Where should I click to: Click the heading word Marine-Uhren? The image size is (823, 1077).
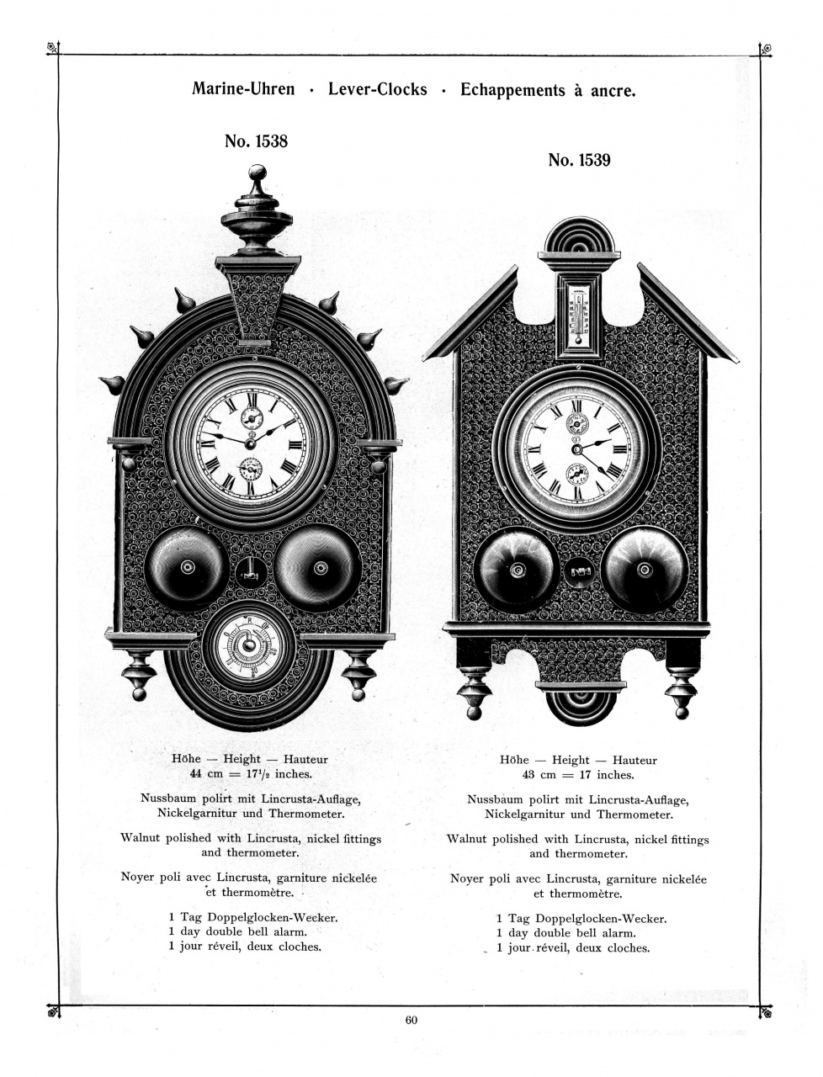243,88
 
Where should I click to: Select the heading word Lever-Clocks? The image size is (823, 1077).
377,88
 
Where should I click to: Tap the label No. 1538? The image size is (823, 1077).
256,141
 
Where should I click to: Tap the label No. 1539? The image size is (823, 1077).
579,160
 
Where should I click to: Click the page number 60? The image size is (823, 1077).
411,1021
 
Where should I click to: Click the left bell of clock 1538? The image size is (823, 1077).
186,567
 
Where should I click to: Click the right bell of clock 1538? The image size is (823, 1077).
319,568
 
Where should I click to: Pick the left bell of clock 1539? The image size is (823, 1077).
515,570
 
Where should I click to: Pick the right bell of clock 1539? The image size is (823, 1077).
645,570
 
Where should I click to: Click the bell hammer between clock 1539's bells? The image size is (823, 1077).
580,571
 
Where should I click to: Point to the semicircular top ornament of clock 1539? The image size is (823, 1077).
580,236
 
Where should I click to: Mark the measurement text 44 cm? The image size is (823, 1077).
208,773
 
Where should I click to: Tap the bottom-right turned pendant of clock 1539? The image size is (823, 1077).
682,690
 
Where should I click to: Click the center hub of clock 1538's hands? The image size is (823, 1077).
250,442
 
